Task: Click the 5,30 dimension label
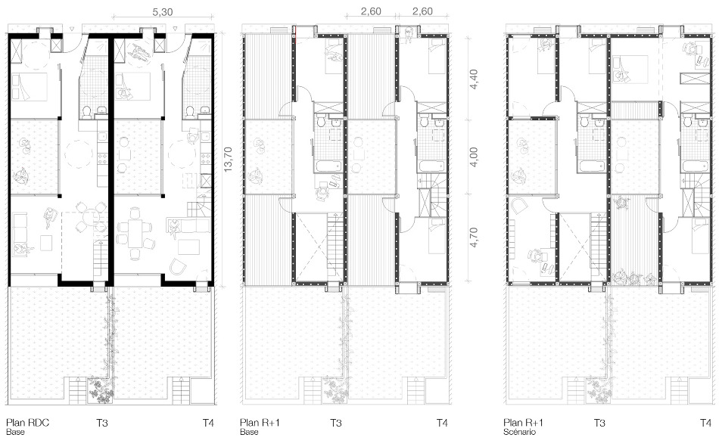coord(162,11)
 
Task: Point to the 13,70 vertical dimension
coord(228,159)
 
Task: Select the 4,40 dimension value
coord(473,79)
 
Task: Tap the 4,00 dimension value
coord(473,157)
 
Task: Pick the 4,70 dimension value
coord(473,238)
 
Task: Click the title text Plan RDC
coord(27,422)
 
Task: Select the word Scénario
coord(519,432)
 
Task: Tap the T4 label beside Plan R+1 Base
coord(441,422)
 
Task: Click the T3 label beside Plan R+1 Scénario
coord(599,422)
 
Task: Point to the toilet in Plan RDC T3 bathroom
coord(87,110)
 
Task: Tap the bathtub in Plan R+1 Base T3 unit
coord(328,166)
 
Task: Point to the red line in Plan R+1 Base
coord(296,33)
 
